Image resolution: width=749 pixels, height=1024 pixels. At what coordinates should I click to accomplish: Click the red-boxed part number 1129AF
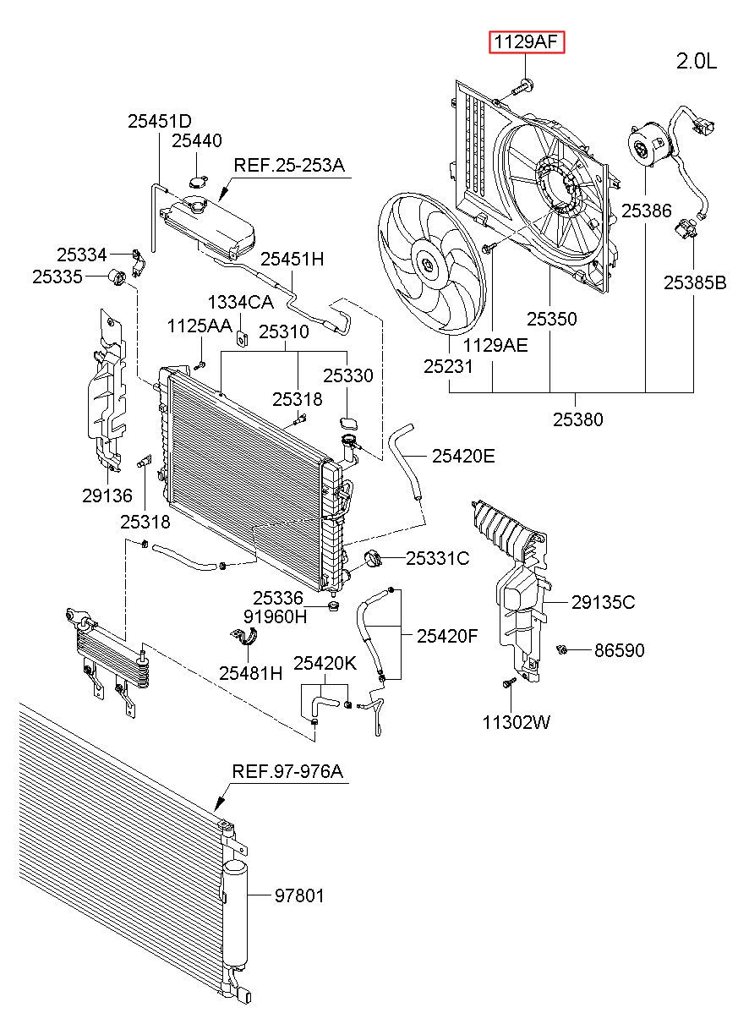527,42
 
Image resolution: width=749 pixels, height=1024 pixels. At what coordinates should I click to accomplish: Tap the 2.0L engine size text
696,61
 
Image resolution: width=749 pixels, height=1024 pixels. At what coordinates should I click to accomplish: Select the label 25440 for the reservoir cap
196,140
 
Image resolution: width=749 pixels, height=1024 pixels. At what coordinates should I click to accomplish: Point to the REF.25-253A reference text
289,165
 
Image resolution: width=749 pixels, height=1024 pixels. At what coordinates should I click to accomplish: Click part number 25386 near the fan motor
646,211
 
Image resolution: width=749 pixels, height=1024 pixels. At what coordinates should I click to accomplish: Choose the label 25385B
695,282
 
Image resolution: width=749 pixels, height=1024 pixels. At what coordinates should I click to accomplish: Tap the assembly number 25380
577,419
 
